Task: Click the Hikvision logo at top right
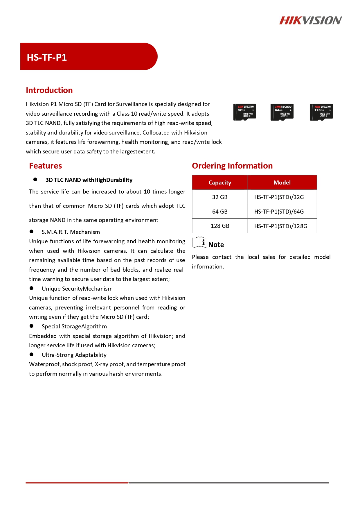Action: coord(310,20)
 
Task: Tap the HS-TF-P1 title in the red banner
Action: coord(47,57)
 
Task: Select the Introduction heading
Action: coord(49,90)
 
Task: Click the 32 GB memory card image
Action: coord(244,112)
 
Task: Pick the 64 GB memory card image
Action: coord(282,112)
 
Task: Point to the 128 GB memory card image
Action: coord(321,112)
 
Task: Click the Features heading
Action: coord(45,166)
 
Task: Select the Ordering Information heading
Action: coord(232,166)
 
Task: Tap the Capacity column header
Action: coord(220,182)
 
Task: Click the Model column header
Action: coord(282,182)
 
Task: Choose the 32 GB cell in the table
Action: coord(220,197)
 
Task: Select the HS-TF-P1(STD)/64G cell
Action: coord(279,212)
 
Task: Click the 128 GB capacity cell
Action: coord(220,226)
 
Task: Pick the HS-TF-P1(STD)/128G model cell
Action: coord(280,226)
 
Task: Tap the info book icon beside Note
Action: coord(200,242)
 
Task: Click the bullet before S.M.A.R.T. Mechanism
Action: coord(32,232)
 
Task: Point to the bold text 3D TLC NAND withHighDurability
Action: coord(89,180)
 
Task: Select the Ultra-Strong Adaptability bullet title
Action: coord(74,355)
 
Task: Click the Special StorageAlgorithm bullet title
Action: coord(74,326)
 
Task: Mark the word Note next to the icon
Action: coord(216,245)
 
